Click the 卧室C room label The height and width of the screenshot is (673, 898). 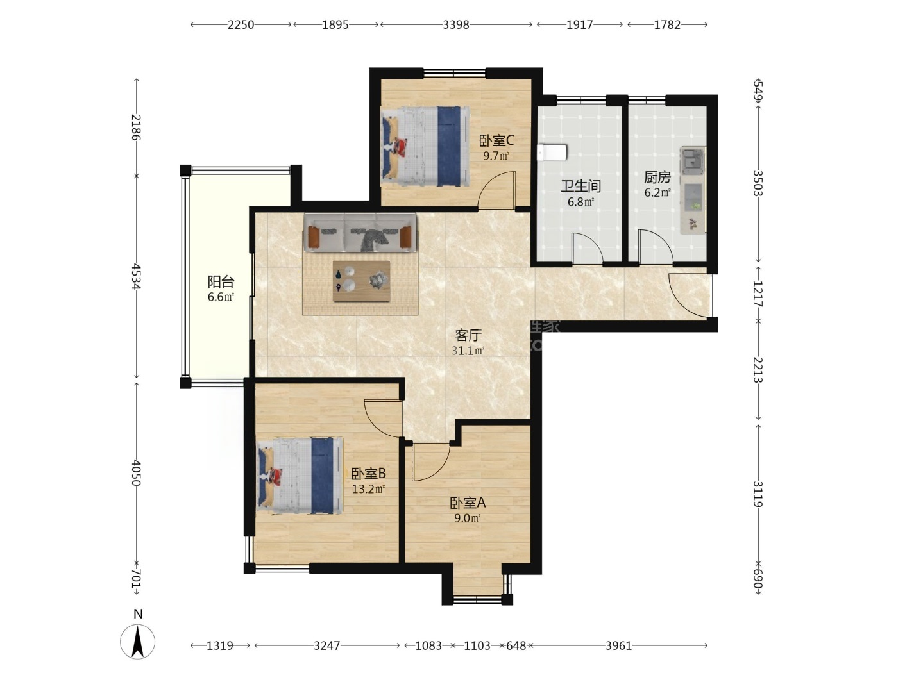pos(496,141)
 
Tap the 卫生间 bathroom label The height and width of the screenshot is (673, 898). pos(580,187)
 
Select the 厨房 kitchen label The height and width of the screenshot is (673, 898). pos(657,178)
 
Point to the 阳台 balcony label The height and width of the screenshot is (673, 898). pos(221,281)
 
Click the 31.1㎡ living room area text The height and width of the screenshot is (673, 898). pos(468,351)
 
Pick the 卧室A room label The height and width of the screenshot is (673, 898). pos(468,503)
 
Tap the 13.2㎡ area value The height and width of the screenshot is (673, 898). pos(369,488)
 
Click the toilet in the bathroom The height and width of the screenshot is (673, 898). pos(552,153)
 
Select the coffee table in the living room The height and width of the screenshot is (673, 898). pos(361,281)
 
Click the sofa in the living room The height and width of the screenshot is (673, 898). pos(360,233)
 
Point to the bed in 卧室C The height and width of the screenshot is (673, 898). pos(424,146)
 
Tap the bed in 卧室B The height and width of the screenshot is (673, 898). pos(299,476)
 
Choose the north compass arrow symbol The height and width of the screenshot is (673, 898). pos(138,642)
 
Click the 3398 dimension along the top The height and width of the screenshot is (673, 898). pos(456,25)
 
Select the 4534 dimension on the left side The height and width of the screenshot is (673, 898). pos(136,277)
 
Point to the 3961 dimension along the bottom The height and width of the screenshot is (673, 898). pos(618,645)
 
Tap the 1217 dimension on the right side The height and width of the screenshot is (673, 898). pos(758,294)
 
